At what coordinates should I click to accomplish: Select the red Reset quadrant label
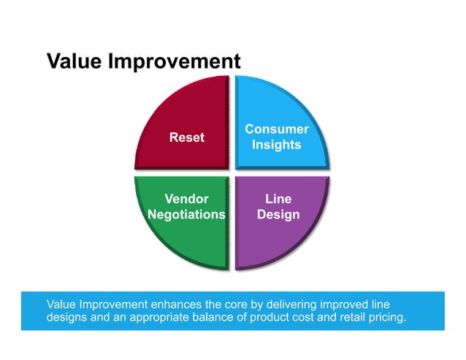[x=187, y=137]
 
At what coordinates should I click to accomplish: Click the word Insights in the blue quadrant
[x=277, y=145]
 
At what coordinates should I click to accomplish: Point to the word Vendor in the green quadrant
[x=186, y=199]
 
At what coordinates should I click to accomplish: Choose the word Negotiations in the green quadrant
[x=186, y=215]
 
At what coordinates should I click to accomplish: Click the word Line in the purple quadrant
[x=278, y=199]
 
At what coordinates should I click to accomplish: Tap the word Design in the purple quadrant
[x=278, y=215]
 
